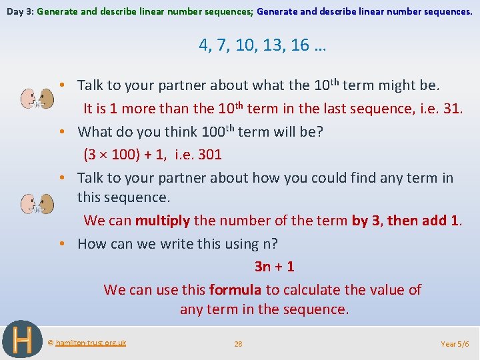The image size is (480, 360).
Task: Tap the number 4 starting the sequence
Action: click(x=203, y=45)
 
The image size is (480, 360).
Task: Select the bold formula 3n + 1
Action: click(x=274, y=267)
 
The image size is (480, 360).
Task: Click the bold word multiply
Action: click(x=163, y=220)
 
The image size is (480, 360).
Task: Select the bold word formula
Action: click(x=235, y=289)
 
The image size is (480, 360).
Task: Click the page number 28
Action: click(x=238, y=344)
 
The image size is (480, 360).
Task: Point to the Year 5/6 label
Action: click(x=455, y=344)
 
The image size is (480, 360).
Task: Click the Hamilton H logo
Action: click(x=23, y=339)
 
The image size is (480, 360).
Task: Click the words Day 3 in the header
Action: click(x=19, y=11)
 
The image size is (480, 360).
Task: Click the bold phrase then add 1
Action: click(x=423, y=220)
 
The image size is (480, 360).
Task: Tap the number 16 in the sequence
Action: click(x=300, y=45)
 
